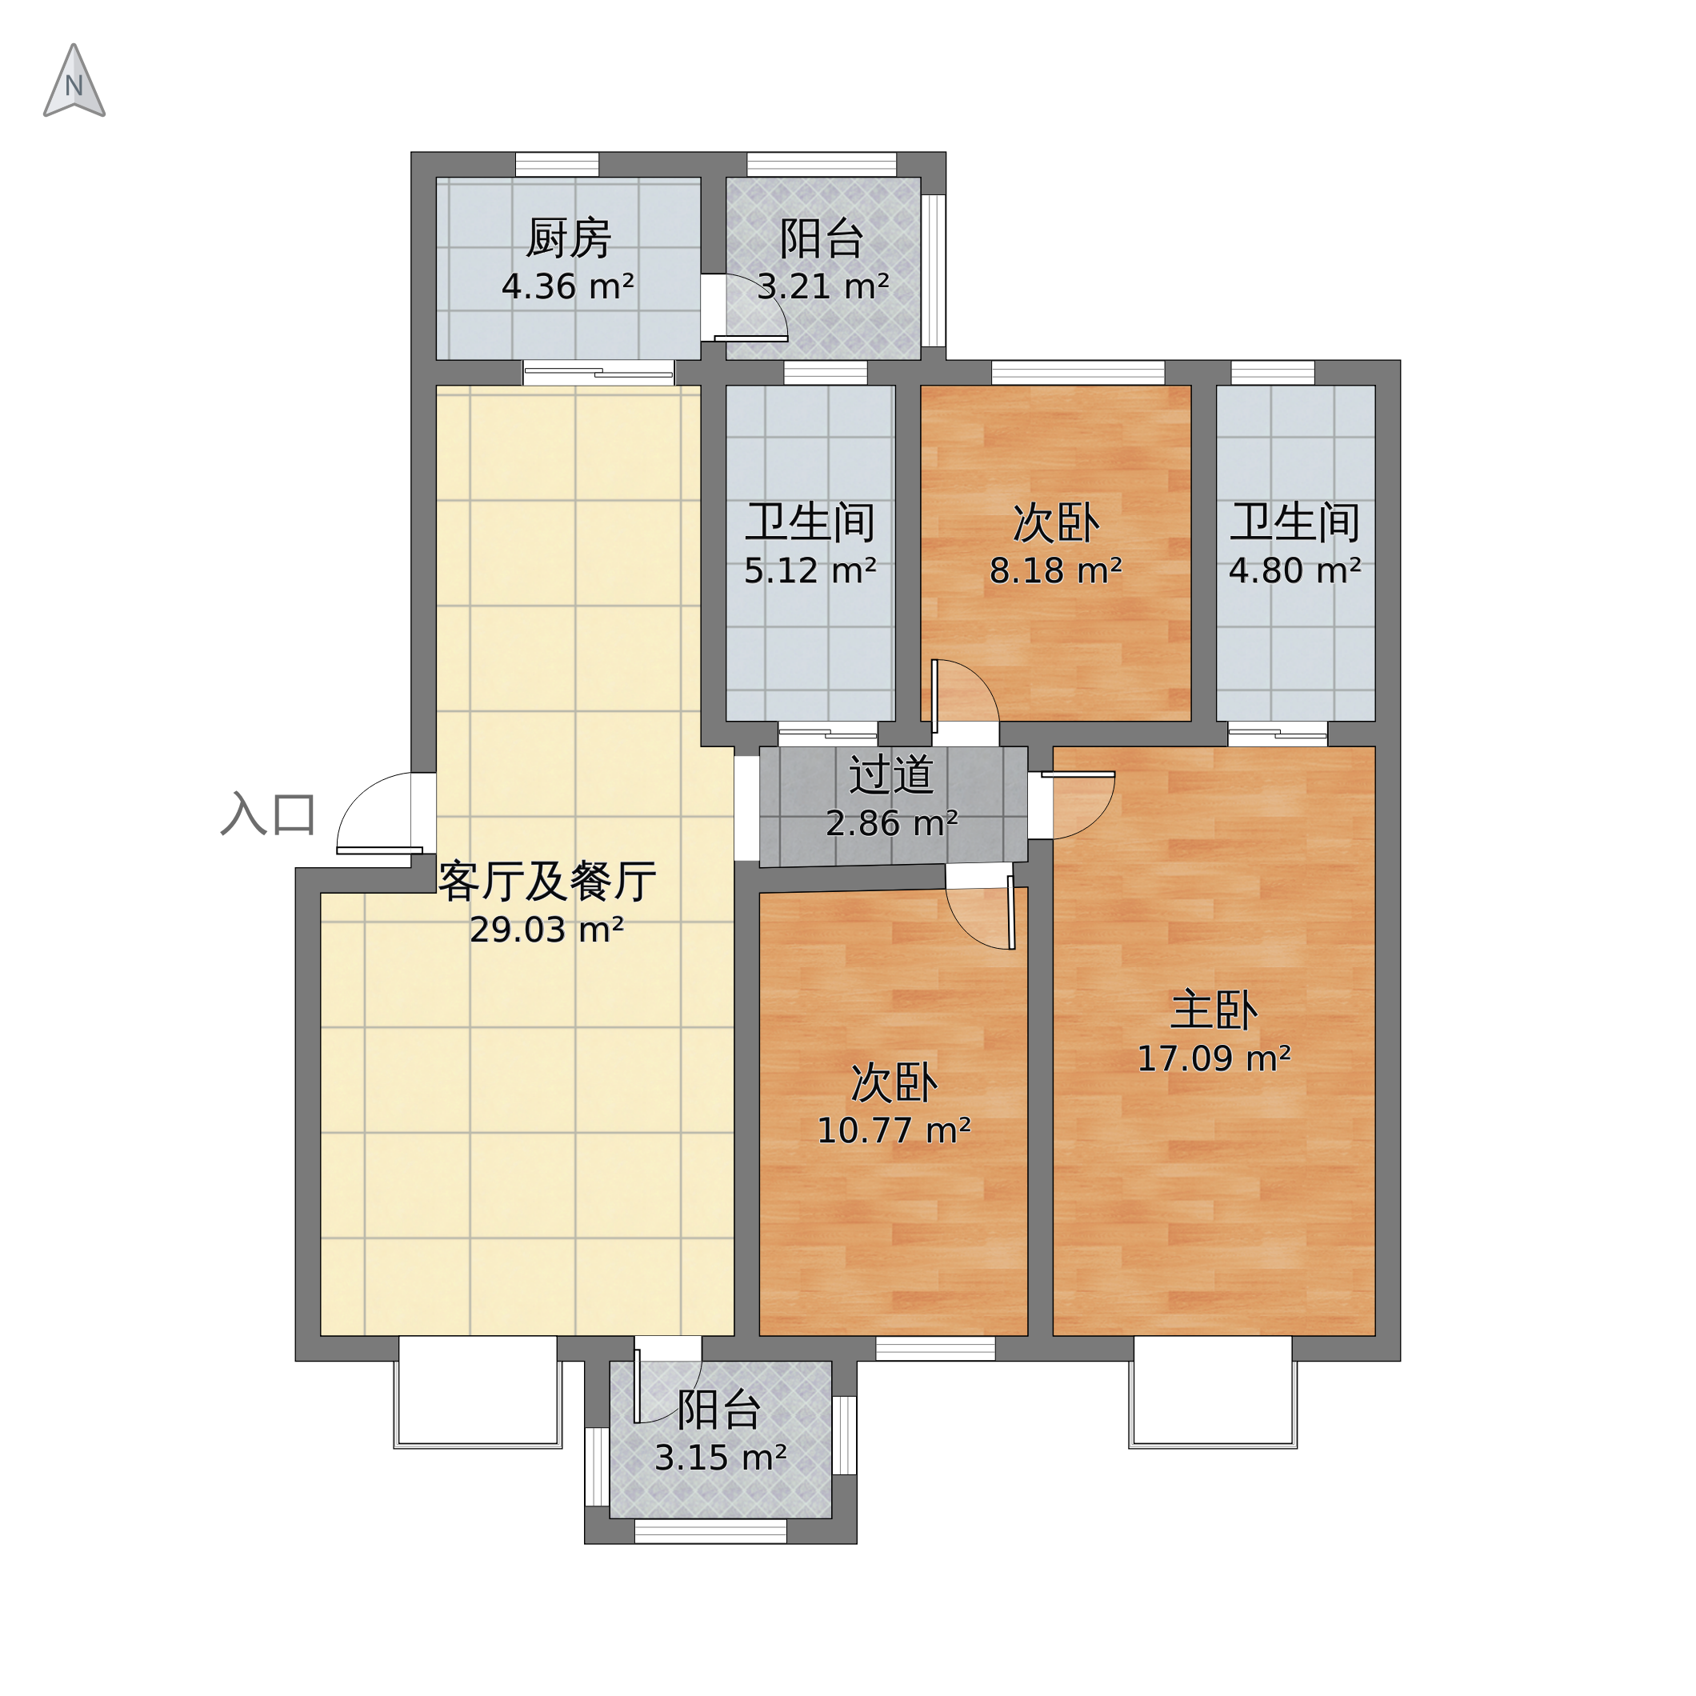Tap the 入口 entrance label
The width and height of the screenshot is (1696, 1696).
(x=268, y=814)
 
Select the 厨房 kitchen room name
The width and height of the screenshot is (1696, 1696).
(x=568, y=238)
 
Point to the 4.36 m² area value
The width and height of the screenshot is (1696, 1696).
(x=568, y=287)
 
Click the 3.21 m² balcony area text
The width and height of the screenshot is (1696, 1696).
(x=823, y=287)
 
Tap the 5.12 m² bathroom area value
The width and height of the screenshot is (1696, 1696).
(x=810, y=570)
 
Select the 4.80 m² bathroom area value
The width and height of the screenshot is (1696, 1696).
(x=1295, y=570)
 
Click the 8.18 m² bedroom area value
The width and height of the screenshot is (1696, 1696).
(x=1056, y=570)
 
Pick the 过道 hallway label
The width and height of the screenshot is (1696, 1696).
(x=891, y=775)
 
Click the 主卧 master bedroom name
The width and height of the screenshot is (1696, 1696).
(x=1214, y=1010)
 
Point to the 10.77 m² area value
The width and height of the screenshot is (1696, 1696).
(x=894, y=1130)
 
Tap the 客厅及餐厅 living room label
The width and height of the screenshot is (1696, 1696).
(x=547, y=882)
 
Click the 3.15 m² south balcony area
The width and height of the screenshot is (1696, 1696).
(x=721, y=1458)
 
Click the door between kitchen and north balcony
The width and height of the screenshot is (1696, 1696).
(x=751, y=307)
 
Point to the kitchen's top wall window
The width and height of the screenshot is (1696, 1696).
(x=557, y=164)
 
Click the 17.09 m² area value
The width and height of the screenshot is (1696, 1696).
(x=1214, y=1058)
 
